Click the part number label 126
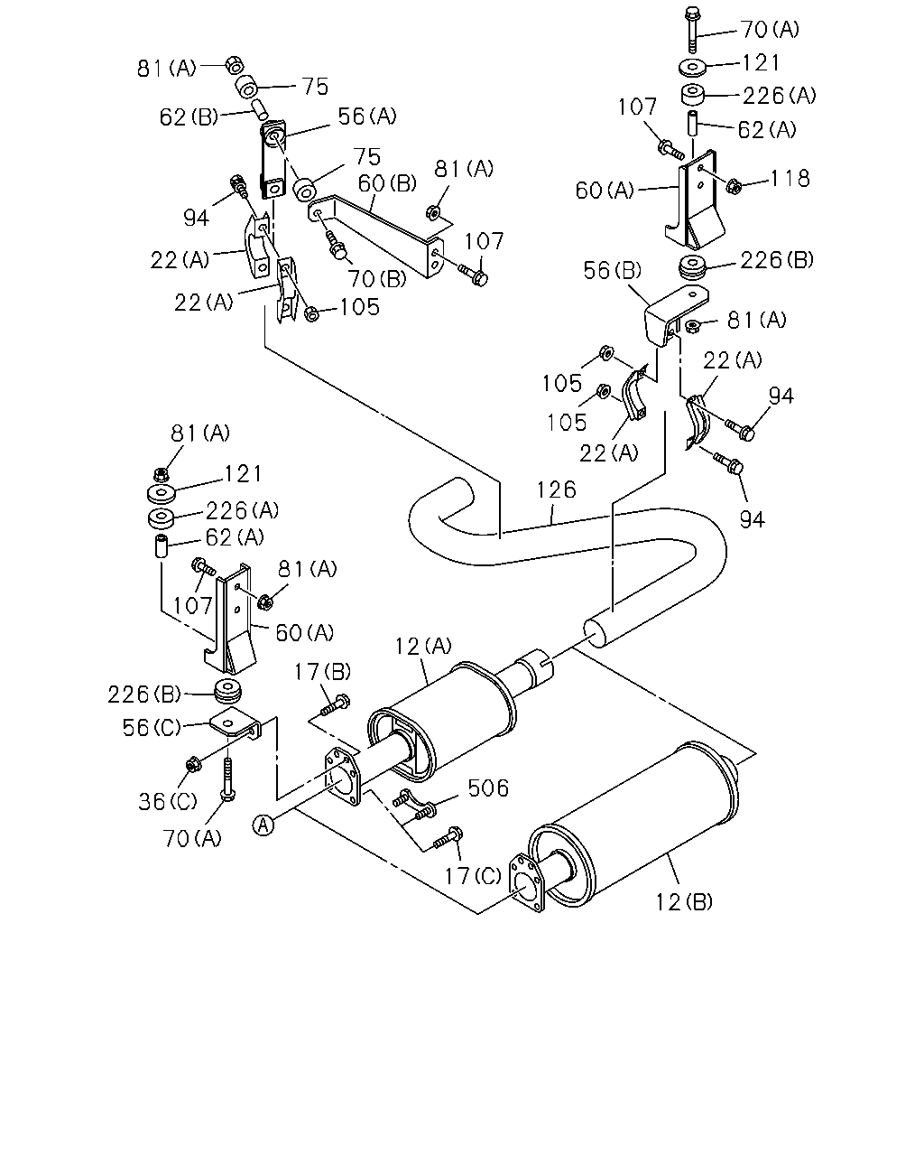pos(556,489)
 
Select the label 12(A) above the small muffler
pos(423,646)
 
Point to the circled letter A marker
pos(263,824)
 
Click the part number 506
pos(488,788)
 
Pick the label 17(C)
pos(473,876)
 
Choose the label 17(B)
pos(322,671)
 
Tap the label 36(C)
pos(168,802)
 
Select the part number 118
pos(790,178)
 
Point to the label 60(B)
pos(387,183)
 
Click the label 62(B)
pos(189,117)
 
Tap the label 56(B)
pos(612,270)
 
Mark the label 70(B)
pos(377,279)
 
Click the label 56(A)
pos(366,116)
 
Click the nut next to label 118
pos(734,187)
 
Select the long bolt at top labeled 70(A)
pos(694,29)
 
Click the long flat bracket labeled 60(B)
pos(376,236)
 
